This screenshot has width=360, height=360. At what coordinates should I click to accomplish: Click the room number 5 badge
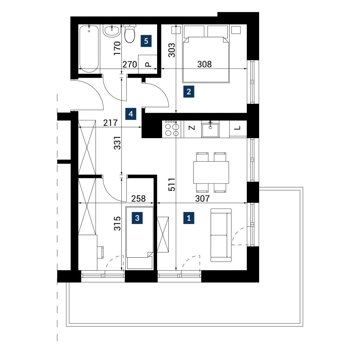click(146, 41)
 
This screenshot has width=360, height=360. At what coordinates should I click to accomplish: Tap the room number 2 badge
click(189, 92)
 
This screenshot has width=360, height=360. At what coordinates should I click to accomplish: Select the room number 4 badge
click(131, 114)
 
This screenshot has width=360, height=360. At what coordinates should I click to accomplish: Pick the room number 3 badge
click(137, 218)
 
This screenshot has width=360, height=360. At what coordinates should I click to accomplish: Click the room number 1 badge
click(189, 218)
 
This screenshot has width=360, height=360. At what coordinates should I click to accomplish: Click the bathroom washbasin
click(111, 31)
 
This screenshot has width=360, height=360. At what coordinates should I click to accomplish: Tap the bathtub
click(89, 49)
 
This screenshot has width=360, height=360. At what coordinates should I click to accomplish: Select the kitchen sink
click(210, 130)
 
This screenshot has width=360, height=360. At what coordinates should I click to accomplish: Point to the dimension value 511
click(172, 185)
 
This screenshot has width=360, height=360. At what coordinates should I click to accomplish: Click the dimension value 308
click(204, 64)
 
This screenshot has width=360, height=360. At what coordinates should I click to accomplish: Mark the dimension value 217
click(110, 123)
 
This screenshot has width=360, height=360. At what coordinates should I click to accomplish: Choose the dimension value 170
click(117, 48)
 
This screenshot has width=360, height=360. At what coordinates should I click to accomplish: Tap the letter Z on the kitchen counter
click(192, 128)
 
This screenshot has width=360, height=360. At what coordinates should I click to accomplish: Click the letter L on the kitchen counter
click(237, 128)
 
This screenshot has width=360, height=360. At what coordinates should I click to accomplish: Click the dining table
click(211, 172)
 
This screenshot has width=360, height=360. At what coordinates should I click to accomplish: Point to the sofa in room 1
click(221, 235)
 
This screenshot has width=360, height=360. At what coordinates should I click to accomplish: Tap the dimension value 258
click(139, 199)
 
